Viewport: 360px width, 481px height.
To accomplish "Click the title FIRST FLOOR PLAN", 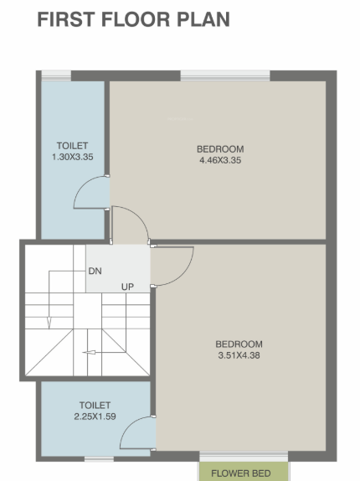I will pos(133,19).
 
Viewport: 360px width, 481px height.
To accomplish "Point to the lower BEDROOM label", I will pos(239,344).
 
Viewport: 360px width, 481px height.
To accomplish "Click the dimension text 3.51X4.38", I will pos(239,355).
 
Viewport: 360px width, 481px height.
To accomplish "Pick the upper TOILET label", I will pos(72,145).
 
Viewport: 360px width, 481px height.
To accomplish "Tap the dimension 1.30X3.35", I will pos(72,157).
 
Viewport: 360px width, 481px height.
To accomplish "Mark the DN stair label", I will pos(95,272).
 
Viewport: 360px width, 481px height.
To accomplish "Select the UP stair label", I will pos(128,287).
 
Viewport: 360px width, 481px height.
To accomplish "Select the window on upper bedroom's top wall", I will pos(225,75).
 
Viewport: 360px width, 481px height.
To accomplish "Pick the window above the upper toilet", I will pos(57,75).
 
